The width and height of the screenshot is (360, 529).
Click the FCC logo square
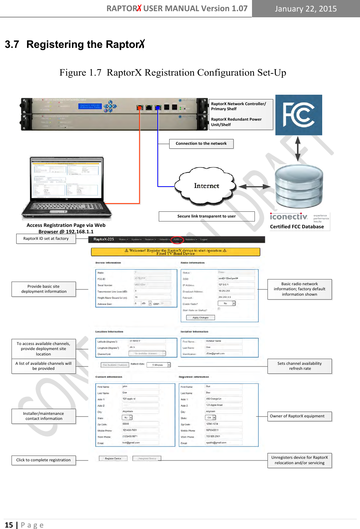(x=298, y=115)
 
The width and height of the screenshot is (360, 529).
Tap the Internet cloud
(x=206, y=186)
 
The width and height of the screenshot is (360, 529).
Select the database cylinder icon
(x=298, y=187)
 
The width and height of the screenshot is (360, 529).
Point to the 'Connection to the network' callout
(x=201, y=144)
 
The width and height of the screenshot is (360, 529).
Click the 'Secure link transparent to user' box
(x=206, y=216)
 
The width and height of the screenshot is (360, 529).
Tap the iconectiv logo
(x=289, y=217)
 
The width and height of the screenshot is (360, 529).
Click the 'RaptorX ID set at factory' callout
(x=46, y=239)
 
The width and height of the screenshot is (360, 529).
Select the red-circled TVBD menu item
(x=177, y=239)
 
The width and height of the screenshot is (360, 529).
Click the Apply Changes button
(x=201, y=318)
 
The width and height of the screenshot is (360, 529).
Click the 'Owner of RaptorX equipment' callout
(x=299, y=416)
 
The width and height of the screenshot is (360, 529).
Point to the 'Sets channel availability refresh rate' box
(x=299, y=366)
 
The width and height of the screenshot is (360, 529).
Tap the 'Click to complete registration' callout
(x=44, y=460)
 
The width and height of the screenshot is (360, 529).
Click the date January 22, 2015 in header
(x=306, y=9)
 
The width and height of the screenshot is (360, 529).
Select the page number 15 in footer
(x=9, y=525)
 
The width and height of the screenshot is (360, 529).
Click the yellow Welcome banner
(x=175, y=252)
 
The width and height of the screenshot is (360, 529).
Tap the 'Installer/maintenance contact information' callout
(x=44, y=416)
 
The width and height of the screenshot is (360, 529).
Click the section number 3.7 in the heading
(x=12, y=45)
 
